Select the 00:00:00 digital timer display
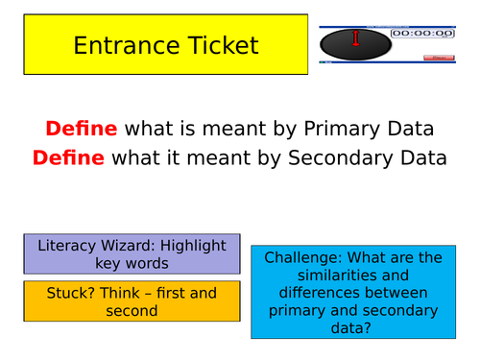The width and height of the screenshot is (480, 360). coord(423,33)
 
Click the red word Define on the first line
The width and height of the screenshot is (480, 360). coord(82,129)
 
